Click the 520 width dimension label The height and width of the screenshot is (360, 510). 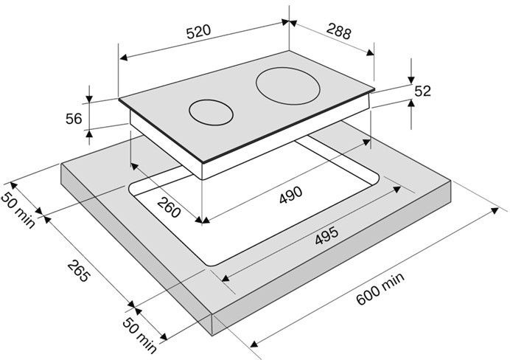[x=199, y=32]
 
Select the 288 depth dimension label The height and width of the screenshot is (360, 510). [x=339, y=32]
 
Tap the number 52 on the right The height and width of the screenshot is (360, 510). [x=422, y=91]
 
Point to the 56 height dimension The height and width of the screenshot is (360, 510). [x=74, y=119]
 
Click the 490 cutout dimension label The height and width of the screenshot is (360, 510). [x=291, y=195]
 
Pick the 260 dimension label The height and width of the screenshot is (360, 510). [x=169, y=208]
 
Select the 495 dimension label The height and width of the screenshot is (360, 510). [x=327, y=235]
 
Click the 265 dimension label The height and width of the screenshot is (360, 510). [x=78, y=271]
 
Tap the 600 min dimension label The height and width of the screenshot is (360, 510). [x=380, y=288]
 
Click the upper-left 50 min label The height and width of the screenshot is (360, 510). [x=18, y=210]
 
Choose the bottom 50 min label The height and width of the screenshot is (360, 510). [x=139, y=335]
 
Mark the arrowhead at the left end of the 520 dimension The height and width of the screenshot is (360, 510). [x=123, y=58]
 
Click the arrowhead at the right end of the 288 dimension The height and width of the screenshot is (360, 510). [x=371, y=52]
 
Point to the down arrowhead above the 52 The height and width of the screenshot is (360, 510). [x=411, y=80]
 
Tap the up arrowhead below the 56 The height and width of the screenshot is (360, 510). [x=89, y=133]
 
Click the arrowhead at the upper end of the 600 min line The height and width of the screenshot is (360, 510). [x=495, y=210]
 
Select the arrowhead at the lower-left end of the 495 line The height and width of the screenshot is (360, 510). [x=226, y=277]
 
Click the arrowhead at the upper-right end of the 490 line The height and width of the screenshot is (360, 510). [x=366, y=142]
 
